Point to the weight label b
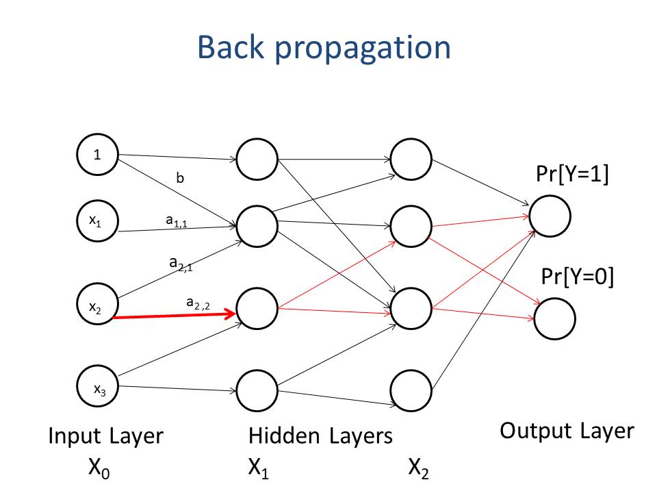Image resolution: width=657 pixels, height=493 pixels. [x=180, y=178]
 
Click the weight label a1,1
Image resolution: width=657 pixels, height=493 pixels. [x=177, y=220]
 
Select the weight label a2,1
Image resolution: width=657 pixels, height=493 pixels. [x=181, y=264]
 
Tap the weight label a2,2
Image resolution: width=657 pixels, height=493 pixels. [x=198, y=303]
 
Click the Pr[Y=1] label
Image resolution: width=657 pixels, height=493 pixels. [x=572, y=173]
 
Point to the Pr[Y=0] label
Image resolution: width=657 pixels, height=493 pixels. [x=578, y=276]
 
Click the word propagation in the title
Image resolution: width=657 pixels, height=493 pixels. [x=363, y=49]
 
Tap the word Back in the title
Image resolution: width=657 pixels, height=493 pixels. [x=231, y=47]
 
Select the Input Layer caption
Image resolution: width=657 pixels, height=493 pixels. [x=105, y=436]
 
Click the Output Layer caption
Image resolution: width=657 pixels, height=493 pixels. [x=567, y=431]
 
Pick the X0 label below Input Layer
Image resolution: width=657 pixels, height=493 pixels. [x=99, y=468]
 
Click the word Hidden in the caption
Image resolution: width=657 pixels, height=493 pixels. [x=284, y=435]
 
